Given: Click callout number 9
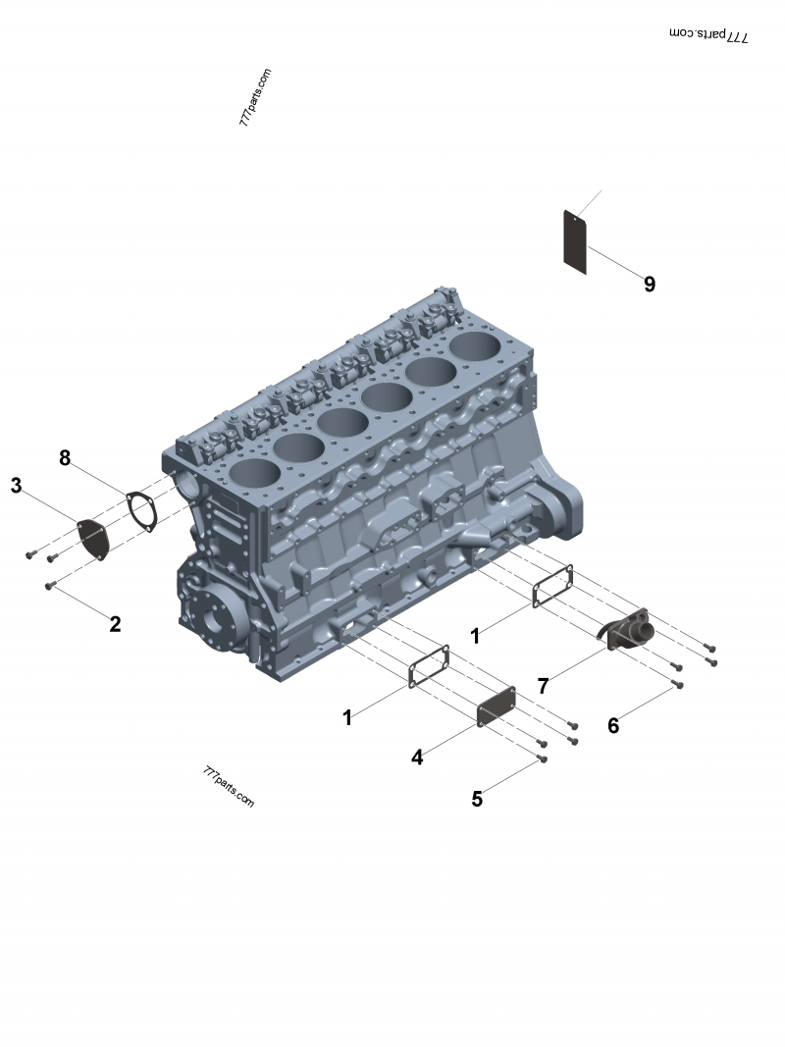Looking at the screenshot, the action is tap(650, 284).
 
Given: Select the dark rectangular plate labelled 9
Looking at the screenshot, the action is tap(575, 241).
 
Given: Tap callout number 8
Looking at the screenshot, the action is tap(64, 458).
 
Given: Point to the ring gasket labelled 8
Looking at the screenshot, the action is tap(141, 512).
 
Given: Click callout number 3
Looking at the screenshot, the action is tap(16, 486).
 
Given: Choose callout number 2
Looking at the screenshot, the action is tap(116, 624).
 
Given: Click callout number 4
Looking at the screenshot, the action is tap(417, 758).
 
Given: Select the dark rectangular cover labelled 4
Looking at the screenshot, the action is tap(496, 705).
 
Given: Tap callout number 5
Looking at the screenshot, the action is tap(477, 800).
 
